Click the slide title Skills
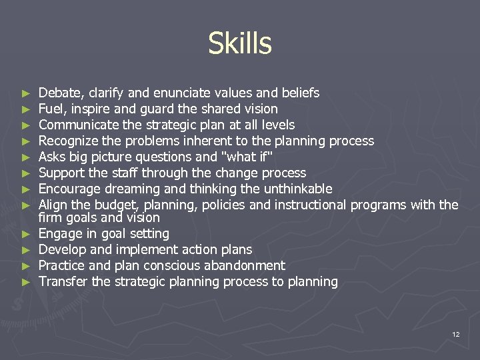[x=239, y=44]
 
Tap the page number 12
[x=455, y=334]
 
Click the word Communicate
[x=73, y=125]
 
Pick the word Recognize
[x=67, y=141]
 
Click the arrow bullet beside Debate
[x=25, y=93]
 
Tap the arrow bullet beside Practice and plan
[x=25, y=266]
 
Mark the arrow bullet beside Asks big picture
[x=25, y=157]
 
